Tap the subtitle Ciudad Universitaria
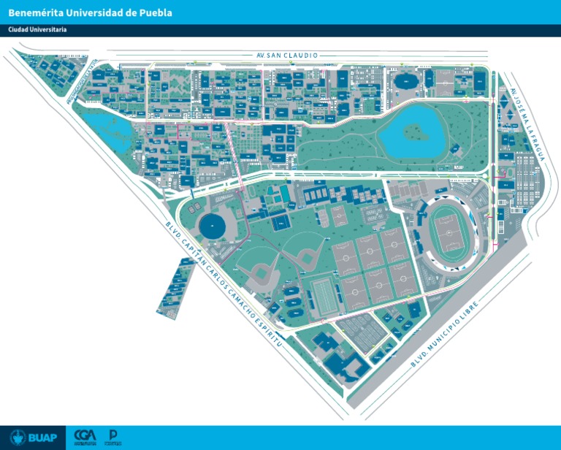(37, 30)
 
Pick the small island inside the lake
(414, 132)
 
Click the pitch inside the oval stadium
(447, 232)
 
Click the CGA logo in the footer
(85, 437)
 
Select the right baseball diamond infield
(307, 256)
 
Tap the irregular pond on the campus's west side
(106, 131)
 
